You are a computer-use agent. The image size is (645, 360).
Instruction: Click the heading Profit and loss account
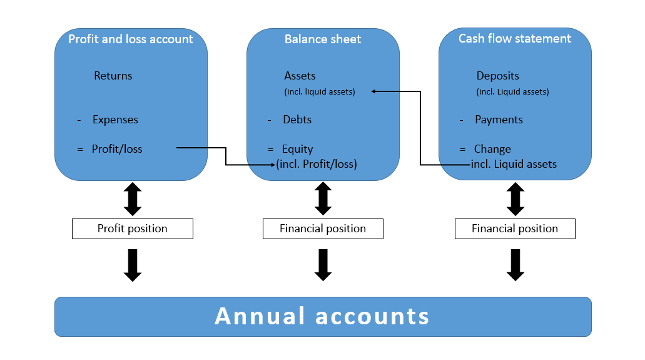coord(131,39)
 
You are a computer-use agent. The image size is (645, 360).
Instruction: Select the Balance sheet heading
coord(323,39)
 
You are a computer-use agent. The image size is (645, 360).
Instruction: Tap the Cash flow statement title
coord(515,39)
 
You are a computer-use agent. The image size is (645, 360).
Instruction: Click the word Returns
coord(113,76)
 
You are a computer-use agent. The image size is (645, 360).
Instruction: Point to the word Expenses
coord(115,120)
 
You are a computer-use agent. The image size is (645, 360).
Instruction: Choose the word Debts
coord(297,120)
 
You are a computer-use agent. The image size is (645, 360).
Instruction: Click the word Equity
coord(298,149)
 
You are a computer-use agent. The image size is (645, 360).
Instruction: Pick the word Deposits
coord(498,76)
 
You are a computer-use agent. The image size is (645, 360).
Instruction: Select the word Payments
coord(499,120)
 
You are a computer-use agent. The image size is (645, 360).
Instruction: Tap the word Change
coord(492,149)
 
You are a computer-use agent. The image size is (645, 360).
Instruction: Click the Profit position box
coord(133,229)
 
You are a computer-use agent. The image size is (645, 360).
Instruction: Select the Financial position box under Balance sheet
coord(323,229)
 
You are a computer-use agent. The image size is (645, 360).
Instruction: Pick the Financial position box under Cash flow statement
coord(515,229)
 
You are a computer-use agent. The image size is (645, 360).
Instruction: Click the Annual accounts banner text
coord(322,316)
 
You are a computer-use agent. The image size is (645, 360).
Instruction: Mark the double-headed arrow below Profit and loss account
coord(133,199)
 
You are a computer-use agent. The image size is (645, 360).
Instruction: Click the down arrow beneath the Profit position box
coord(133,265)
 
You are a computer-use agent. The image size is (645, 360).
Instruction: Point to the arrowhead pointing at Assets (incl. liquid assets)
coord(373,91)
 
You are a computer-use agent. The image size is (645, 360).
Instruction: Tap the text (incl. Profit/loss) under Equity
coord(317,165)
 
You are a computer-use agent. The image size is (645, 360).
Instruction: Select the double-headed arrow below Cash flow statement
coord(515,199)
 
